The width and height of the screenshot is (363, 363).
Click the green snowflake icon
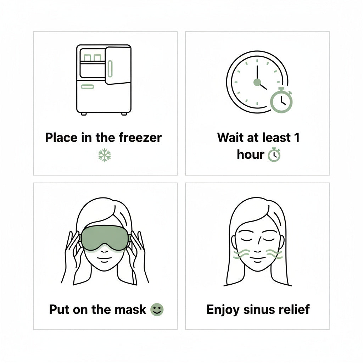click(105, 155)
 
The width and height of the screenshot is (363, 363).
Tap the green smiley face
click(157, 309)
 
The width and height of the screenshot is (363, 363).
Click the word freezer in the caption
click(140, 138)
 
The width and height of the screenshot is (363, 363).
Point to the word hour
click(251, 155)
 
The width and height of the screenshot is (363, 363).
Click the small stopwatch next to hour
click(274, 155)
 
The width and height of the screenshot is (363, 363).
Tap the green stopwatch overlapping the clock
click(281, 100)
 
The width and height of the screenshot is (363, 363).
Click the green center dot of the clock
click(257, 82)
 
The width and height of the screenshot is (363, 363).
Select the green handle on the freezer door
click(110, 69)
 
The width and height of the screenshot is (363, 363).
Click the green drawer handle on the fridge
click(88, 87)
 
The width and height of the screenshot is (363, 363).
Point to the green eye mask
click(105, 238)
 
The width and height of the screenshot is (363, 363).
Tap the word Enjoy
click(223, 310)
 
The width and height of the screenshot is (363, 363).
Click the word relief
click(298, 309)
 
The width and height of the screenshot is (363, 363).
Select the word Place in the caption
click(61, 138)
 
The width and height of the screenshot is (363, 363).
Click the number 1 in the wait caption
click(297, 138)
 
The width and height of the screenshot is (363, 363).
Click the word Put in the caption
click(60, 309)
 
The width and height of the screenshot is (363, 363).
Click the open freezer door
click(118, 65)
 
